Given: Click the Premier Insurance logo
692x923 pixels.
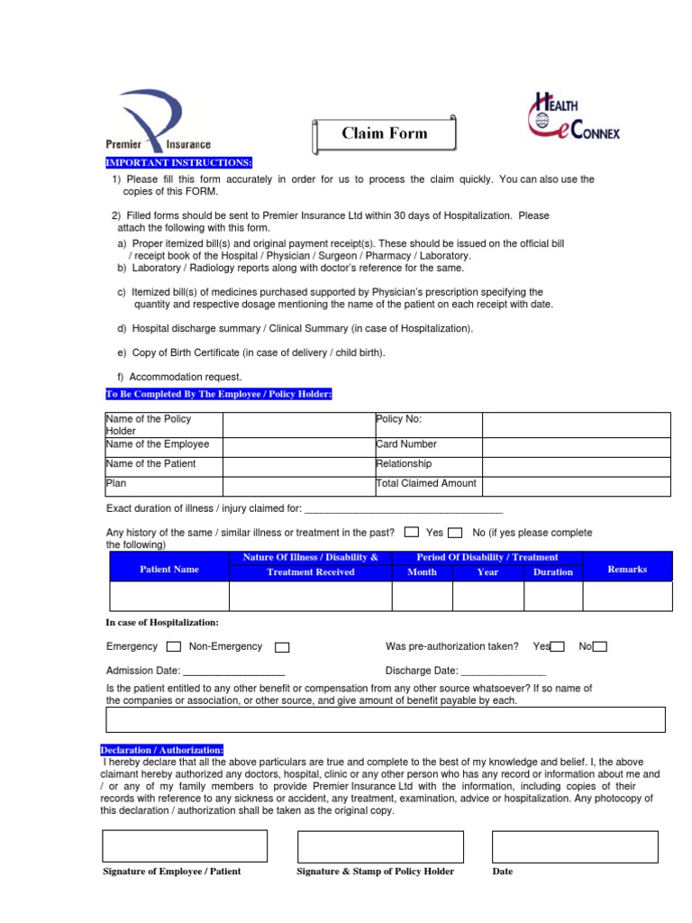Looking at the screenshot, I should coord(158,120).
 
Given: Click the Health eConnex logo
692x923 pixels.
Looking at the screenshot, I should coord(573,119).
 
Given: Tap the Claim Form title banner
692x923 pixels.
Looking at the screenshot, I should coord(385,134).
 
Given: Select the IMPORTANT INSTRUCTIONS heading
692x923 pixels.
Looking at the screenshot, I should coord(178,162).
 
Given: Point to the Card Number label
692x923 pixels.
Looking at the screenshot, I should coord(406,444).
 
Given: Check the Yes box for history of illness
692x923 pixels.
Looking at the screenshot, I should coord(412,532).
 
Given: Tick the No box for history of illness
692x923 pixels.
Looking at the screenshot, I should coord(456,532).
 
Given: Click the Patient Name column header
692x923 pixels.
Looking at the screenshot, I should coord(169,570).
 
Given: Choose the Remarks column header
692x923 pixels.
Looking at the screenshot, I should coord(627,570).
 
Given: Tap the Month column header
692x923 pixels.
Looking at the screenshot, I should coord(422,572).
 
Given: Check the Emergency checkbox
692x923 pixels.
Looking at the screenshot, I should coord(174,646).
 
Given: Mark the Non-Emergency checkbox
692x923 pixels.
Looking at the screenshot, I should coord(282,646).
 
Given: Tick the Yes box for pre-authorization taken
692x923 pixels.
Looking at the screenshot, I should coord(558,646).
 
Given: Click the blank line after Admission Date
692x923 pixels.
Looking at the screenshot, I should coord(234,672).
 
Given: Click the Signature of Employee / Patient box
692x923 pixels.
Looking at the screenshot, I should coord(185,846).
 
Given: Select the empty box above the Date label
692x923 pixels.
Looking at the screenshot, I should coord(575,846).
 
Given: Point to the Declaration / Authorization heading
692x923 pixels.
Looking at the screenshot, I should coord(162,750).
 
